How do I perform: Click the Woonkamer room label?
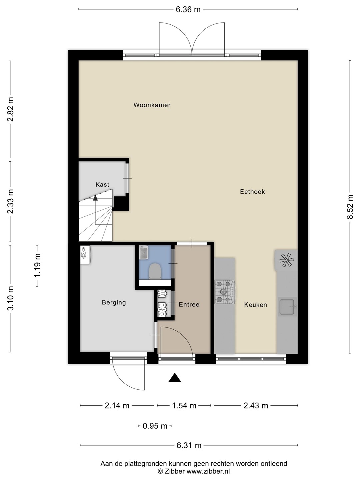pyautogui.click(x=152, y=105)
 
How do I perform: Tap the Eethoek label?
pyautogui.click(x=252, y=192)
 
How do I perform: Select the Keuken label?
pyautogui.click(x=256, y=305)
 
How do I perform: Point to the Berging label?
pyautogui.click(x=114, y=303)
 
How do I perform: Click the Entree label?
pyautogui.click(x=189, y=304)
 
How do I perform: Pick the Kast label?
pyautogui.click(x=102, y=185)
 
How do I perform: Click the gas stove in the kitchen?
pyautogui.click(x=225, y=292)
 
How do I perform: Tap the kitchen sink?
pyautogui.click(x=287, y=307)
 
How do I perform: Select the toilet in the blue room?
pyautogui.click(x=155, y=271)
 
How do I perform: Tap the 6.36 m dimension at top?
pyautogui.click(x=188, y=9)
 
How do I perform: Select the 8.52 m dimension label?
pyautogui.click(x=350, y=207)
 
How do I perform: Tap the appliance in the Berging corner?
pyautogui.click(x=85, y=255)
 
